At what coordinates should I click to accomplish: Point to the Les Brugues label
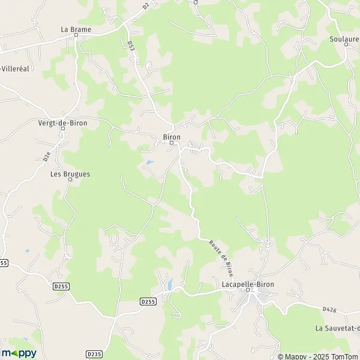pos(70,174)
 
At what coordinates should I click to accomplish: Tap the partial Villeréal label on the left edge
pos(15,68)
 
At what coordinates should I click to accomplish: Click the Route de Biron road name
pos(221,257)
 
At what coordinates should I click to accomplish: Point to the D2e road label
pos(47,156)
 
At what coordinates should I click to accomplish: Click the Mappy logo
pos(19,353)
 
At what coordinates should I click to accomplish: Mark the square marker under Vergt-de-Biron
pos(62,129)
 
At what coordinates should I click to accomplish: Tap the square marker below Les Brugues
pos(70,180)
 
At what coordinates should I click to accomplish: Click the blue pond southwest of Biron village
pos(149,162)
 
